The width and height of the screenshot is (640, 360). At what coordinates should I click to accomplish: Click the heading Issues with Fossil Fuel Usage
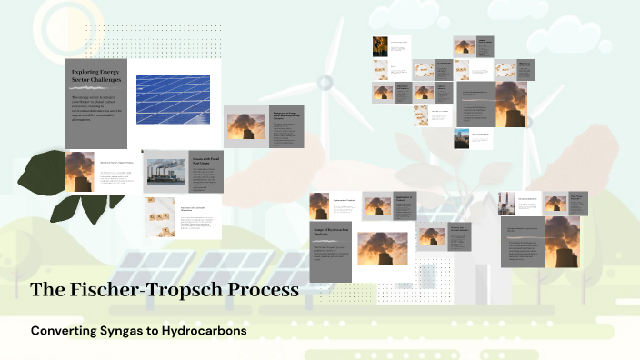click(205, 161)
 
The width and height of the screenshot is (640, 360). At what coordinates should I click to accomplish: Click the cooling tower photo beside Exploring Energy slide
click(246, 125)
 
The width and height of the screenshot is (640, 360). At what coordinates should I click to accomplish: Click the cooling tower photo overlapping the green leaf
click(79, 172)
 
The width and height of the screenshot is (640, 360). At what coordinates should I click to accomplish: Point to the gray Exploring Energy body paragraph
click(97, 107)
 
